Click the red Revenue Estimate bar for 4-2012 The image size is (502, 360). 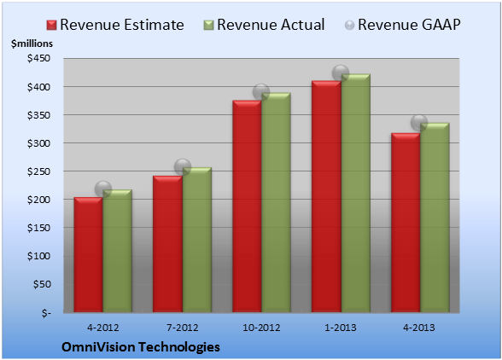[x=89, y=255]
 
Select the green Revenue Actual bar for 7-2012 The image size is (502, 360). [x=197, y=240]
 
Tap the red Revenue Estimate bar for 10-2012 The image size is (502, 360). [x=247, y=206]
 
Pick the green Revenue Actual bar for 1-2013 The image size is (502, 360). [x=356, y=193]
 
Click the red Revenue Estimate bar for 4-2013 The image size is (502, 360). [x=406, y=223]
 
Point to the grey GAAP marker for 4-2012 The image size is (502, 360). [x=103, y=189]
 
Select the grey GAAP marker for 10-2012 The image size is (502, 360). [x=261, y=92]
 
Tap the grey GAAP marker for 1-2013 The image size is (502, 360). [x=341, y=73]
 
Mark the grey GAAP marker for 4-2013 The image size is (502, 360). [x=419, y=123]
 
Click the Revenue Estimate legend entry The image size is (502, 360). [x=115, y=25]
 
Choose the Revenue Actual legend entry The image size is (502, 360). [x=264, y=25]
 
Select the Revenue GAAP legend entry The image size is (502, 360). [x=402, y=25]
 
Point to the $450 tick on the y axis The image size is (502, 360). [x=39, y=59]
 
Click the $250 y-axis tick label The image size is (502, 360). [x=39, y=171]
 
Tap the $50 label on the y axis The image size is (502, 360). [x=42, y=284]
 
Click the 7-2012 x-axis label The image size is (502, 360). [x=183, y=328]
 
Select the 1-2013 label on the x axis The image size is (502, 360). [x=341, y=328]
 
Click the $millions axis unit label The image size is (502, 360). [x=32, y=44]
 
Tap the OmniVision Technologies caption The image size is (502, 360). [x=141, y=347]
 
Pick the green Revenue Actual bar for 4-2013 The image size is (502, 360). [x=435, y=218]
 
